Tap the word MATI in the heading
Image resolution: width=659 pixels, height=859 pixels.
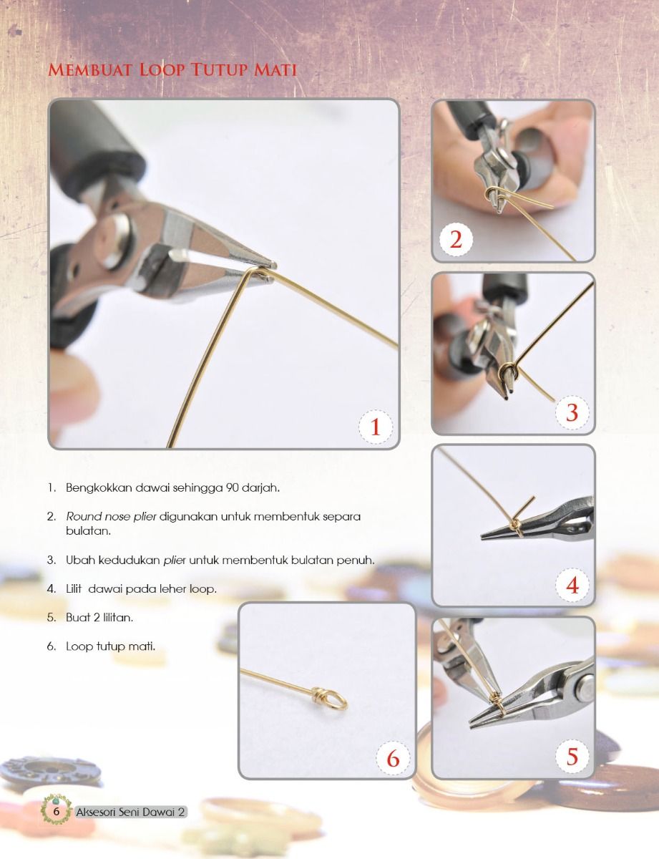pyautogui.click(x=275, y=69)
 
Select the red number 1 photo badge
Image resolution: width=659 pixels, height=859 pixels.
pyautogui.click(x=376, y=427)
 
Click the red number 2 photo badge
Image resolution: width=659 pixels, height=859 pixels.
pyautogui.click(x=456, y=240)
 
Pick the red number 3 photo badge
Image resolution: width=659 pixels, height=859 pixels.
pyautogui.click(x=572, y=412)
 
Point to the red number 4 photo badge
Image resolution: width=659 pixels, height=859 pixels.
pyautogui.click(x=572, y=585)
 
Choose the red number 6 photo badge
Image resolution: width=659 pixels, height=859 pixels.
pyautogui.click(x=393, y=759)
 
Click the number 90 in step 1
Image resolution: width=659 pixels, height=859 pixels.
pyautogui.click(x=232, y=487)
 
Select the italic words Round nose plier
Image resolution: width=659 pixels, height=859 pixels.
pyautogui.click(x=111, y=516)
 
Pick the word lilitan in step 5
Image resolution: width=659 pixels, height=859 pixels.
pyautogui.click(x=118, y=617)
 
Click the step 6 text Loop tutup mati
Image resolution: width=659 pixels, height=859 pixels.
pyautogui.click(x=111, y=646)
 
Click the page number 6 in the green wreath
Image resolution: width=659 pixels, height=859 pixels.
pyautogui.click(x=56, y=811)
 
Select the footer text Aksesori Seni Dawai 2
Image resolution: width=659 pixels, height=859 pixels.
pyautogui.click(x=130, y=812)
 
